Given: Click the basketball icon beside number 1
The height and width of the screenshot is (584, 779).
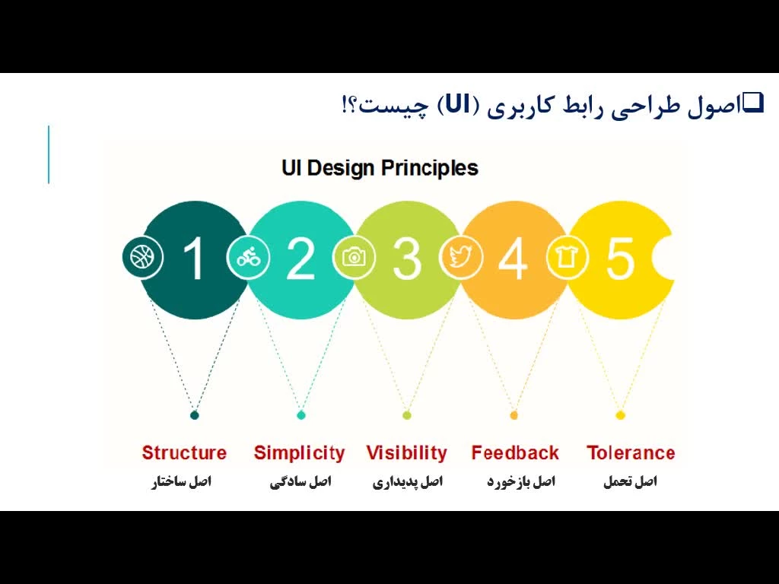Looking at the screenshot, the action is pos(142,258).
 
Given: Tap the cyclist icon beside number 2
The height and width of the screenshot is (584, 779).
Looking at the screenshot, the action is pos(249,257).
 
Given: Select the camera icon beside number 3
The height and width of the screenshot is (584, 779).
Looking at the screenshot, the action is pos(355,257).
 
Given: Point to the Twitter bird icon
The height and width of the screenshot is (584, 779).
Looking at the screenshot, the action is pos(460,257).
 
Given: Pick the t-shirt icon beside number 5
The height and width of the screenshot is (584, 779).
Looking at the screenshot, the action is pos(567,257).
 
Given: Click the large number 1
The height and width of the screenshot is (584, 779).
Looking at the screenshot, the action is pos(194,258).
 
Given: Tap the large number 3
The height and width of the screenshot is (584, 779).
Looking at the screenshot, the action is pos(407,259).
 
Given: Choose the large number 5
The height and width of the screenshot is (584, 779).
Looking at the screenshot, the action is pos(620,259).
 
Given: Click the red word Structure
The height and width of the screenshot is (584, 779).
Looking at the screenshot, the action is pos(184,453).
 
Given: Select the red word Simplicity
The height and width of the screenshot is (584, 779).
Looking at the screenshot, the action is pos(299,453).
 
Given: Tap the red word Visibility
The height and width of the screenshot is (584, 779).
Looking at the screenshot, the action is pos(407,453).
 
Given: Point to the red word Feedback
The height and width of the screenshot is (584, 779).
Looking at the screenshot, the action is pos(515,453).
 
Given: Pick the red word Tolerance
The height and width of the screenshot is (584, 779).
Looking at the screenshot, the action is pos(631,453).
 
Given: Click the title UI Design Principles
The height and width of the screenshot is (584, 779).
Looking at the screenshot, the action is pos(380,168).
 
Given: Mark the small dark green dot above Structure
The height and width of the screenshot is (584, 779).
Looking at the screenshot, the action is pos(195,415).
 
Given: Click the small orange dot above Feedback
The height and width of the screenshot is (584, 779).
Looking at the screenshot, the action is pos(514,415).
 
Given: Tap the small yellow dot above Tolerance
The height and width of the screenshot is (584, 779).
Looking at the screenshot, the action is pos(621,415).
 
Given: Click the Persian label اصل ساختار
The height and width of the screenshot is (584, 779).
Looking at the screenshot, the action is pos(182,481).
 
